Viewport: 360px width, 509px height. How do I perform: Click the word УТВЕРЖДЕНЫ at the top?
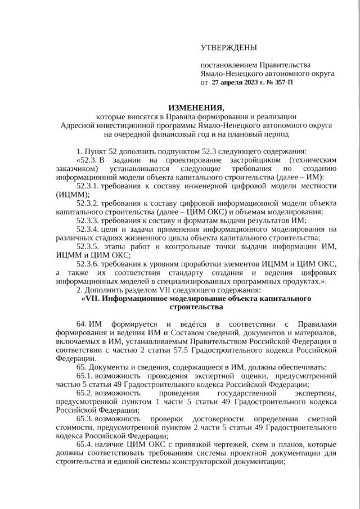click(x=228, y=48)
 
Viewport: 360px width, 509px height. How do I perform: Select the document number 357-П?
click(x=281, y=82)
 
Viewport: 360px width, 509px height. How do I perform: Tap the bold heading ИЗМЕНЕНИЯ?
click(x=196, y=107)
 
